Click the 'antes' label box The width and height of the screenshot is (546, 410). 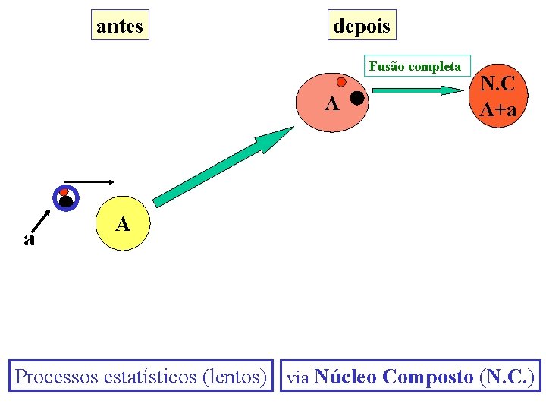[x=120, y=26]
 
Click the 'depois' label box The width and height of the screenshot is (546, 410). [x=362, y=26]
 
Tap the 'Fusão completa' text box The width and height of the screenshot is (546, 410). [x=415, y=66]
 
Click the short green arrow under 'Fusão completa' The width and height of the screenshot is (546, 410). [x=419, y=90]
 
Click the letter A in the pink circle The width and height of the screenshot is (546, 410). [x=331, y=103]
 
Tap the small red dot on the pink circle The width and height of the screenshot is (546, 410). [x=341, y=81]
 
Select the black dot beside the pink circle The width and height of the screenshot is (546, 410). [x=356, y=97]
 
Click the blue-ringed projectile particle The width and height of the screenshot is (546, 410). [x=66, y=197]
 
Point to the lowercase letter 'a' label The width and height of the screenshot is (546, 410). [x=29, y=239]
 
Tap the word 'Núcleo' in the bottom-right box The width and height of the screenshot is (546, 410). [x=345, y=376]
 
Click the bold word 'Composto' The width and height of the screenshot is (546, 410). [x=428, y=376]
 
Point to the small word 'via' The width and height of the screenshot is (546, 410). [x=298, y=377]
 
